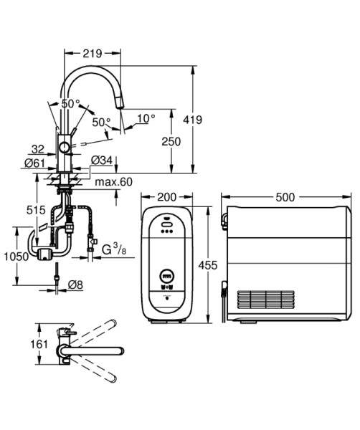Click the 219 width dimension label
coord(93,54)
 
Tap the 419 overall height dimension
coord(193,120)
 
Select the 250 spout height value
coord(171,141)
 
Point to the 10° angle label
coord(146,118)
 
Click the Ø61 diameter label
coord(34,163)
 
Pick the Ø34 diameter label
coord(102,160)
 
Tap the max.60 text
coord(113,182)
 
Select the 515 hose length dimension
coord(36,210)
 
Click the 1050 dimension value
coord(16,257)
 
